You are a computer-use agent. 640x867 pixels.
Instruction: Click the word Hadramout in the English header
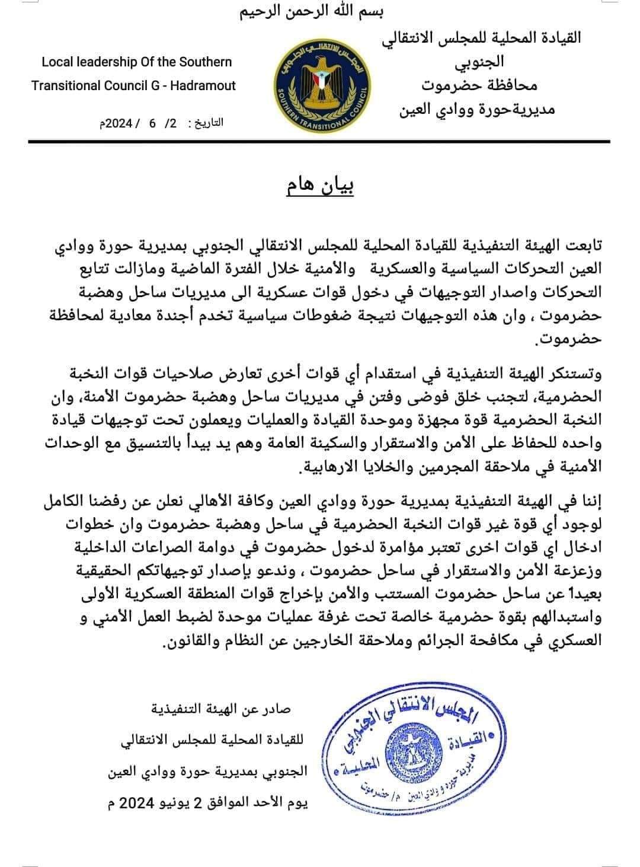pos(203,85)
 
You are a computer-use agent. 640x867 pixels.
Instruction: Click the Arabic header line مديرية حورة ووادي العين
pos(478,109)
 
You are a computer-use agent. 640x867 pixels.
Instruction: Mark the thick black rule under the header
pos(320,141)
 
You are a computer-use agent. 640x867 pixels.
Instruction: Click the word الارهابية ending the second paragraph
pos(322,468)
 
